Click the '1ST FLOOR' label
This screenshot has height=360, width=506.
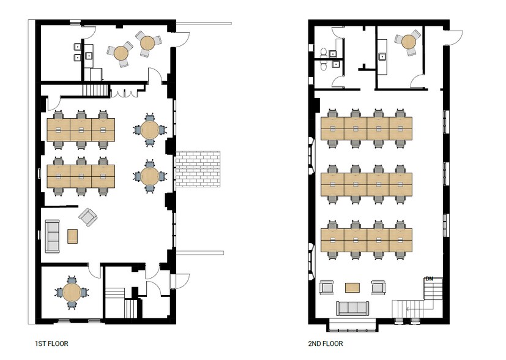[52, 343]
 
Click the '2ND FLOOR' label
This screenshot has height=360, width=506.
[326, 343]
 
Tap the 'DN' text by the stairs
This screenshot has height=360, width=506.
[429, 279]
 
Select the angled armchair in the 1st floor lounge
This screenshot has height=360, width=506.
[87, 217]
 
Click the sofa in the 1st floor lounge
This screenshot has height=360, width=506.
[51, 236]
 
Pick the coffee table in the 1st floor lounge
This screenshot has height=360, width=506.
[73, 236]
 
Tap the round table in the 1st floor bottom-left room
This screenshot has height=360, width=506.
[72, 292]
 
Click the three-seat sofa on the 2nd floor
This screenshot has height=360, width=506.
[353, 308]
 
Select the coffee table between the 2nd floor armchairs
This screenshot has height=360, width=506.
[352, 287]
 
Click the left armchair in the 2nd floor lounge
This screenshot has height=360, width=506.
[326, 287]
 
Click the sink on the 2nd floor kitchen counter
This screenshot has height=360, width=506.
[383, 56]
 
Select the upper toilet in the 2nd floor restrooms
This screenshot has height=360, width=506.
[324, 51]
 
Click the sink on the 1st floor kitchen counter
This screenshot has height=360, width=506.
[88, 56]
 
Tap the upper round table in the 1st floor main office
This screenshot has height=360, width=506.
[149, 129]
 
